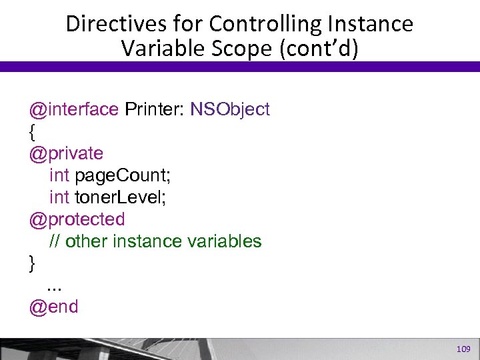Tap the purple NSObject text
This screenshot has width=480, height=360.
pyautogui.click(x=230, y=109)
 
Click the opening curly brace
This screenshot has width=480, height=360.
pyautogui.click(x=32, y=132)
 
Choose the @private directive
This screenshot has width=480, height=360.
pyautogui.click(x=66, y=153)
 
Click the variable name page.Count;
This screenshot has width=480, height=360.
pyautogui.click(x=123, y=175)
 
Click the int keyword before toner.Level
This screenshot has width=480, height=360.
pyautogui.click(x=59, y=197)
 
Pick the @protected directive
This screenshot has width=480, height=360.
pyautogui.click(x=77, y=219)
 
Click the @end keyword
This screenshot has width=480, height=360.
pyautogui.click(x=53, y=307)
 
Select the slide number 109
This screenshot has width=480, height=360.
pyautogui.click(x=462, y=349)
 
